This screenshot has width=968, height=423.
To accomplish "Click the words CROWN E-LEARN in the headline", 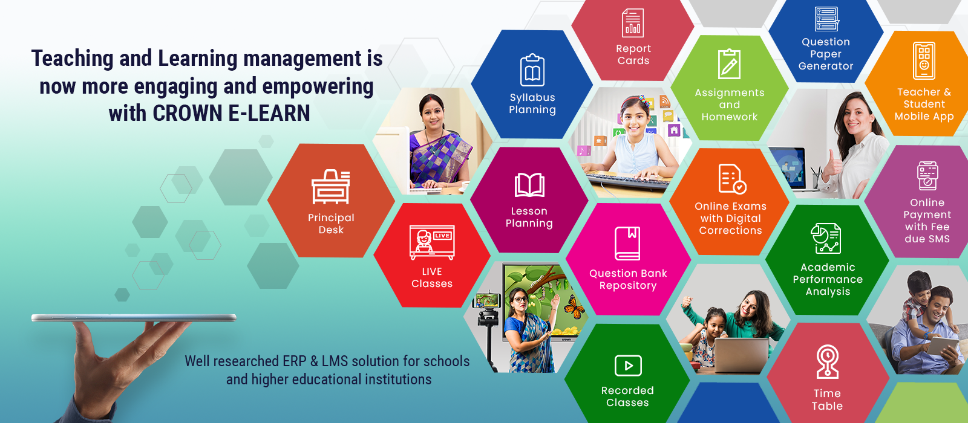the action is tap(231, 113).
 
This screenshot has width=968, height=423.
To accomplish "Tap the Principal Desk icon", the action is tap(330, 187).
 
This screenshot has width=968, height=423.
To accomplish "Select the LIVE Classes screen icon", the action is tap(432, 242).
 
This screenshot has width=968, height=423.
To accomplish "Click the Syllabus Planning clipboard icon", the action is tap(532, 70).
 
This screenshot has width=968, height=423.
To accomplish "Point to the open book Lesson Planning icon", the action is tap(529, 185).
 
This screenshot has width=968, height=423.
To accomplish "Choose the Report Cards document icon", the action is tap(633, 23).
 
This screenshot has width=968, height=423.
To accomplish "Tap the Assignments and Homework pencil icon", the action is tap(729, 64).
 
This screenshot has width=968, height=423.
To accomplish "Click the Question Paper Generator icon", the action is tap(826, 19).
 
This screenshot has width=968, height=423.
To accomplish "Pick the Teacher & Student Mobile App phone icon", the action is tap(924, 61).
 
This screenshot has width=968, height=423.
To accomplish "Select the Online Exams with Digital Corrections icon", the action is tap(732, 179).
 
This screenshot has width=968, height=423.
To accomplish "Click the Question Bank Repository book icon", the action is tap(627, 244).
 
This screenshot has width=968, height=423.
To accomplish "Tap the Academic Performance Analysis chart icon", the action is tap(826, 238).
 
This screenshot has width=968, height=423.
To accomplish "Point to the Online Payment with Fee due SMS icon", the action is tap(927, 176).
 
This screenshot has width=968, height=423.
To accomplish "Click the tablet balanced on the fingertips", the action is tap(134, 318).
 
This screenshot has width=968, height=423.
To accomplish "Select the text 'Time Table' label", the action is tap(826, 399).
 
